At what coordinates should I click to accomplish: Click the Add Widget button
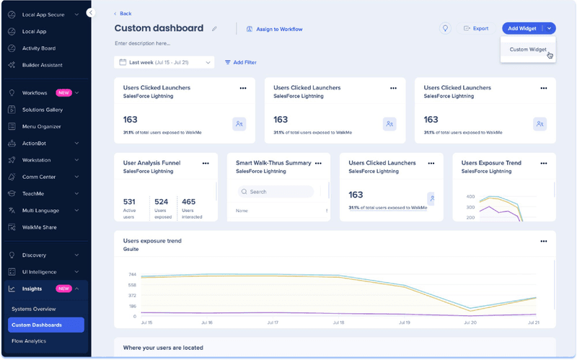521,28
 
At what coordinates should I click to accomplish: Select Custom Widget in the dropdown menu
528,50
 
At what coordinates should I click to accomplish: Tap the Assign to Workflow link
274,29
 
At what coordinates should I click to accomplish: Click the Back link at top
123,14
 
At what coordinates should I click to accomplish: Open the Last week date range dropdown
164,63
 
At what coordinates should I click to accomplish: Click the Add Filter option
240,63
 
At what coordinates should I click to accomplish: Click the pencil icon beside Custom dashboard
214,29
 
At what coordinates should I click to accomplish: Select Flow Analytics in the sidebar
29,341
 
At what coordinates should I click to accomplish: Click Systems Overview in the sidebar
33,309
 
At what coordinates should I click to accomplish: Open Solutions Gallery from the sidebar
42,110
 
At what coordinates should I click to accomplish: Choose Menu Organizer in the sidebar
41,126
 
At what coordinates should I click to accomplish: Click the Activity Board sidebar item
39,48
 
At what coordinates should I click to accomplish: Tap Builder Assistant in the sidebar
42,65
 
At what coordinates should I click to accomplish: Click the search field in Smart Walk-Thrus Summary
278,192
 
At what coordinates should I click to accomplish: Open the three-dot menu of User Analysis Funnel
206,163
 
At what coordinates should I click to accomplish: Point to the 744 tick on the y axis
132,274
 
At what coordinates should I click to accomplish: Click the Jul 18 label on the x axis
337,322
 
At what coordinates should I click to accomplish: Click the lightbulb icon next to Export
446,28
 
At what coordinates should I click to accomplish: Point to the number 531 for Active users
130,202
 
